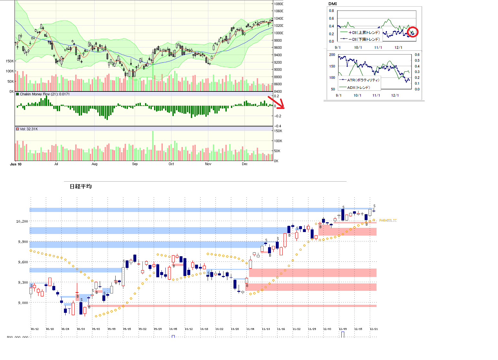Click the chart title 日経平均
pyautogui.click(x=81, y=186)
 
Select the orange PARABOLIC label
pyautogui.click(x=388, y=220)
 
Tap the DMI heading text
pyautogui.click(x=332, y=4)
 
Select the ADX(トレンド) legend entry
pyautogui.click(x=358, y=88)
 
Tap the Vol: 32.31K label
pyautogui.click(x=29, y=129)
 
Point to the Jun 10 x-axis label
pyautogui.click(x=16, y=164)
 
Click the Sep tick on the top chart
pyautogui.click(x=135, y=164)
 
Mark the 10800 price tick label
pyautogui.click(x=278, y=4)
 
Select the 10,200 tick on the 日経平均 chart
pyautogui.click(x=22, y=221)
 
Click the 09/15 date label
pyautogui.click(x=127, y=329)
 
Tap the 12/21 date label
pyautogui.click(x=374, y=329)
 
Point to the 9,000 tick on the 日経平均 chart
pyautogui.click(x=23, y=303)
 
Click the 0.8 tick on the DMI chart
pyautogui.click(x=331, y=11)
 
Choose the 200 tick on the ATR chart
pyautogui.click(x=332, y=55)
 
